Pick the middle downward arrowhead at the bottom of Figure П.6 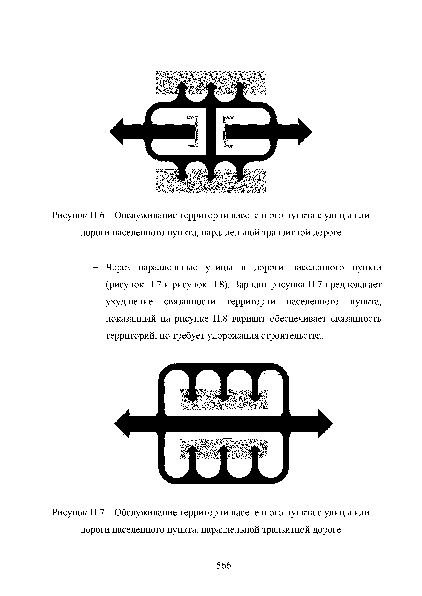[x=211, y=178]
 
